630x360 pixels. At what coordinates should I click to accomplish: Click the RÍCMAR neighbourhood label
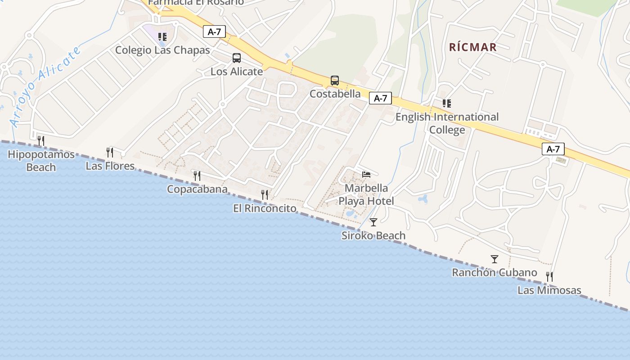[472, 47]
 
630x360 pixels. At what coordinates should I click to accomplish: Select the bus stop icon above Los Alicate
[236, 58]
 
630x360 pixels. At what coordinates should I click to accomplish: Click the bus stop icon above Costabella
[335, 81]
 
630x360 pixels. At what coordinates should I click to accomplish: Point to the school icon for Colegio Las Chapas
[162, 36]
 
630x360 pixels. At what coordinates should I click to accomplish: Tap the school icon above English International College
[447, 103]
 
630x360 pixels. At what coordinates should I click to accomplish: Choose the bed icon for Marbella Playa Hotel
[366, 174]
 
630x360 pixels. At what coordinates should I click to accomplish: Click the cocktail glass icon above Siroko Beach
[373, 222]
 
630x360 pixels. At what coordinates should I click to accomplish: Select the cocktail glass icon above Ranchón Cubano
[495, 259]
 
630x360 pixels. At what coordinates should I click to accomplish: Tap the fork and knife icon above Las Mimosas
[549, 276]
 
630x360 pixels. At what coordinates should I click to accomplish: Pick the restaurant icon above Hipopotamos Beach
[41, 141]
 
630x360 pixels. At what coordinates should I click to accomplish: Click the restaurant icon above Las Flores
[110, 152]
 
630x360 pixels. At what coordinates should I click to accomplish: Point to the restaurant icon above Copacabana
[197, 175]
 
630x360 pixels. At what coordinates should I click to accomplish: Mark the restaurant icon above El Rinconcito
[265, 194]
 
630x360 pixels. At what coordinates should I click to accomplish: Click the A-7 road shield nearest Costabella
[380, 98]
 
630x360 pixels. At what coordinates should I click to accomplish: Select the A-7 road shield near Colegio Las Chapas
[214, 31]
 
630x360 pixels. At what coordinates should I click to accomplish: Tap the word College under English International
[447, 130]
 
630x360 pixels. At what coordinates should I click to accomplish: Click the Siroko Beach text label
[373, 235]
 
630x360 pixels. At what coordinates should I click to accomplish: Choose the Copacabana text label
[197, 189]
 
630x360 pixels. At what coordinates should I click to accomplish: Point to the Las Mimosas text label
[549, 290]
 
